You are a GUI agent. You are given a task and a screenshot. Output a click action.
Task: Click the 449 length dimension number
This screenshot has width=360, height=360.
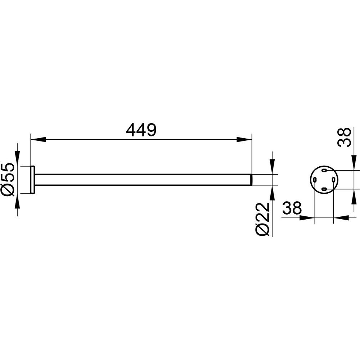click(x=141, y=130)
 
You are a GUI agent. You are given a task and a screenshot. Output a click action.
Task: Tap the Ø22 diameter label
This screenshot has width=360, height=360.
click(x=262, y=219)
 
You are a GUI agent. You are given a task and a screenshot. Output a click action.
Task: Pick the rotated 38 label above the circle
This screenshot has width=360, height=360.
click(x=344, y=137)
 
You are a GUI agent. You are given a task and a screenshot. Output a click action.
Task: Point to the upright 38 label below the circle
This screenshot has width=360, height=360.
click(x=292, y=208)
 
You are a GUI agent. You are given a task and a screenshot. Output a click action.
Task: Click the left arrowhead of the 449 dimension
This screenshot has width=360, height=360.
click(x=39, y=139)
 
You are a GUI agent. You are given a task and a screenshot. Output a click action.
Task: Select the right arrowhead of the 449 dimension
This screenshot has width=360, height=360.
click(x=244, y=139)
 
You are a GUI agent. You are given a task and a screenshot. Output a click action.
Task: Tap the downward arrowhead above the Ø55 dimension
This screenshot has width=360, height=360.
click(x=17, y=158)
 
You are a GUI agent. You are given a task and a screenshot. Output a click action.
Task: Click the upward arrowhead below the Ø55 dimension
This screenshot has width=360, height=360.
click(x=17, y=201)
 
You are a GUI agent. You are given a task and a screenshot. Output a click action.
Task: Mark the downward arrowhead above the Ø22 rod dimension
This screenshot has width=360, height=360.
click(x=272, y=167)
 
